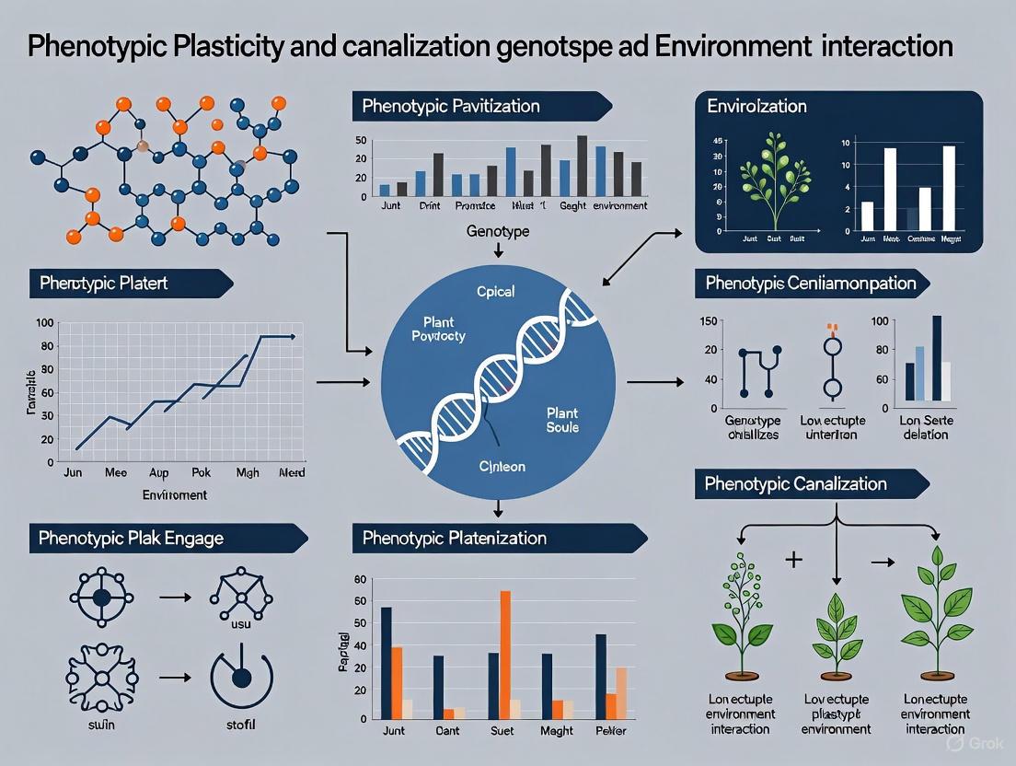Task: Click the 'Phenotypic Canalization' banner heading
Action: (795, 483)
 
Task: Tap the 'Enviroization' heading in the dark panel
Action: (756, 107)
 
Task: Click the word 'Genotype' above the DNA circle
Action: (498, 232)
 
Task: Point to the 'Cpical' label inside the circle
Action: (495, 292)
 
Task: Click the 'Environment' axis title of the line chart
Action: (175, 494)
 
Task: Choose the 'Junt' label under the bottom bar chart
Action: (393, 731)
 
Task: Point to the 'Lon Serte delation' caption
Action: (925, 427)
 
